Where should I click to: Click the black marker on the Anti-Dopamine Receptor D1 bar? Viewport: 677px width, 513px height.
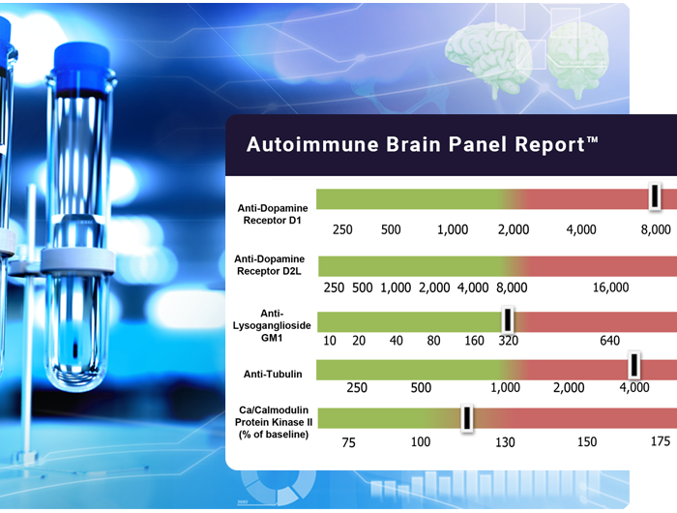pyautogui.click(x=655, y=196)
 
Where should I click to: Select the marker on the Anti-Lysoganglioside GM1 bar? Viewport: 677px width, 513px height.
pyautogui.click(x=508, y=319)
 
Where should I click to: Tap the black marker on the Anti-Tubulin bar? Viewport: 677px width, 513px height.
pyautogui.click(x=633, y=365)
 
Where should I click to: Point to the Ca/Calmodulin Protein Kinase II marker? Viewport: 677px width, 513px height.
pyautogui.click(x=467, y=417)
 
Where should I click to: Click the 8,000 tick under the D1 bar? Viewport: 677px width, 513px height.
pyautogui.click(x=656, y=229)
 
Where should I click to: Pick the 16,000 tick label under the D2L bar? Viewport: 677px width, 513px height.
pyautogui.click(x=610, y=287)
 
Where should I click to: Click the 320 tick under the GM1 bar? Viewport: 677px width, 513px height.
pyautogui.click(x=508, y=341)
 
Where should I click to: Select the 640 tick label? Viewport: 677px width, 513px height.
pyautogui.click(x=609, y=341)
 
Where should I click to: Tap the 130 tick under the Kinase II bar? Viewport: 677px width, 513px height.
pyautogui.click(x=505, y=442)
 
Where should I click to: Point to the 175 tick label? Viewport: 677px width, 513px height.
pyautogui.click(x=661, y=441)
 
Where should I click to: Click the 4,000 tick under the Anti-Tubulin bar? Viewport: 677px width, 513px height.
pyautogui.click(x=634, y=387)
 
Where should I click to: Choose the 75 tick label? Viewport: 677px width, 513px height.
pyautogui.click(x=348, y=442)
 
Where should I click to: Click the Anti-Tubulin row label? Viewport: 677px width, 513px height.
pyautogui.click(x=273, y=374)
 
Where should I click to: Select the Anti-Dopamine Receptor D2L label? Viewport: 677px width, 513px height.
pyautogui.click(x=270, y=265)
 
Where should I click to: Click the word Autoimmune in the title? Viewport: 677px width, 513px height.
pyautogui.click(x=312, y=144)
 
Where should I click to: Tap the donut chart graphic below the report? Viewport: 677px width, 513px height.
pyautogui.click(x=278, y=488)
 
